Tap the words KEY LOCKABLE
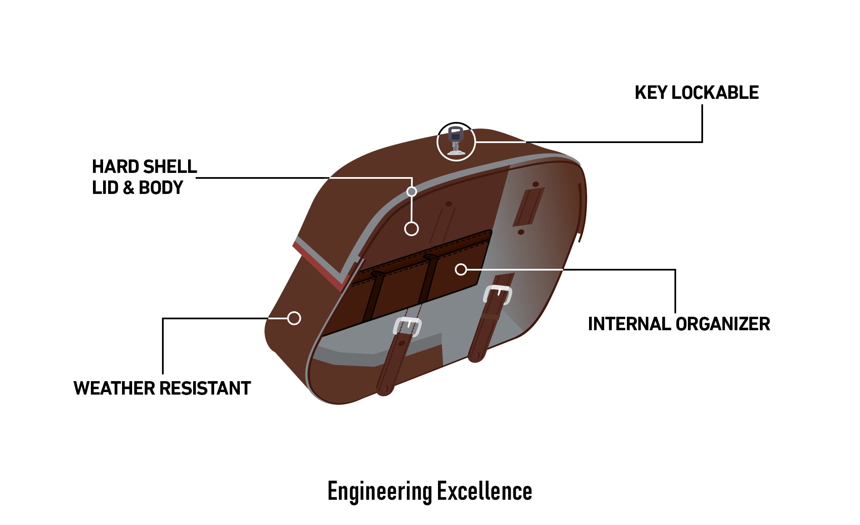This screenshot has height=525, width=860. pos(696,93)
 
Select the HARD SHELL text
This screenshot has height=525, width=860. pos(144,167)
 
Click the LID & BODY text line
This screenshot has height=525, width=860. pos(138,188)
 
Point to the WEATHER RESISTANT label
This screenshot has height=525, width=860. pos(162,388)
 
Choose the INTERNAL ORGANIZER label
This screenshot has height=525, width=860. pos(679,324)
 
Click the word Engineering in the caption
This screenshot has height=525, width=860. pos(380,491)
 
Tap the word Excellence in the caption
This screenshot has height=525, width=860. pos(484,491)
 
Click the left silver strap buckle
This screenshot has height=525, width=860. pos(407,327)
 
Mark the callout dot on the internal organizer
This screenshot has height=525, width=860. pos(461,269)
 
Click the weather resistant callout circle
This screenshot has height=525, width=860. pos(294,318)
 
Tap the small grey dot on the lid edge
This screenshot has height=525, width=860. pos(411,191)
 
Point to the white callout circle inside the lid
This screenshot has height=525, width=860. pos(411,229)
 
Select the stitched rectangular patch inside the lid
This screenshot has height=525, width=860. pos(528,207)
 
